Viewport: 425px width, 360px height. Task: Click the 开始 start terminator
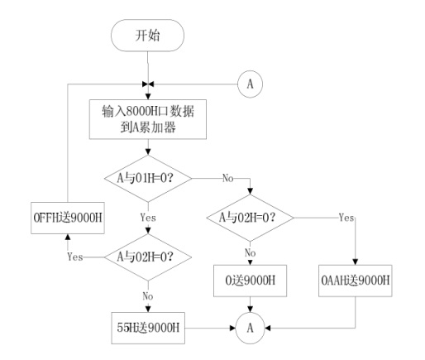point(147,36)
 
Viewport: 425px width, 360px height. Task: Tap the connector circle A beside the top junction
point(250,84)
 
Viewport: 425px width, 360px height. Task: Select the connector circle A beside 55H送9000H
point(250,328)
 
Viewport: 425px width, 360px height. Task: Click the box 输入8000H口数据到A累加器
point(148,119)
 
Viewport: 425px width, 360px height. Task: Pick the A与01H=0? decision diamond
point(148,178)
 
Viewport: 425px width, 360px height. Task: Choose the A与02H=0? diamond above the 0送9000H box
point(250,218)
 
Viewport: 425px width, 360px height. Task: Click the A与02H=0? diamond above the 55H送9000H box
point(148,257)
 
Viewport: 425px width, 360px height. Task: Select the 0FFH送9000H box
point(68,218)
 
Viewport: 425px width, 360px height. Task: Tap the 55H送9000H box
point(148,328)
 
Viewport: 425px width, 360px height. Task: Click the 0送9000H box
point(250,281)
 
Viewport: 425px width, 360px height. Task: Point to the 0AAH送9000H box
point(356,281)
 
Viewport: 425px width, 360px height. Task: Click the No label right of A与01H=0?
point(227,178)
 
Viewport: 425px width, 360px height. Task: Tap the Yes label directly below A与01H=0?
point(148,218)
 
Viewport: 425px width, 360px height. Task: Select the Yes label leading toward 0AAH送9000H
point(346,218)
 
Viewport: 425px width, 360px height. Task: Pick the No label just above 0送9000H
point(250,252)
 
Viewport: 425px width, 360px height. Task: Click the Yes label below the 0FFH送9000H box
point(75,257)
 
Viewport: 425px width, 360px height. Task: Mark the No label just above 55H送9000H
point(148,296)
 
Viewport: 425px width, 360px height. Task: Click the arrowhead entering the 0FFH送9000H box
point(68,237)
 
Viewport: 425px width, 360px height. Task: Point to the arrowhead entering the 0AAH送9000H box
point(356,262)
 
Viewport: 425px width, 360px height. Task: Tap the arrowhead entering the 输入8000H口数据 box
point(148,97)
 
